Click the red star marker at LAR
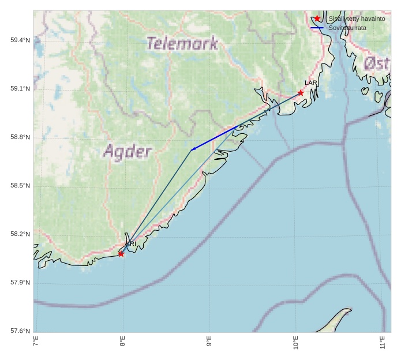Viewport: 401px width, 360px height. click(301, 93)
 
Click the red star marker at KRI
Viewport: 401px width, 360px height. click(121, 254)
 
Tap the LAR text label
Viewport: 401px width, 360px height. click(311, 83)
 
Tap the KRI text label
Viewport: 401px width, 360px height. click(131, 244)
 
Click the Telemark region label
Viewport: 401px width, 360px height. click(182, 43)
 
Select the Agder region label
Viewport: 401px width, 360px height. click(128, 152)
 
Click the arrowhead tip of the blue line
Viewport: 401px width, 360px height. click(191, 150)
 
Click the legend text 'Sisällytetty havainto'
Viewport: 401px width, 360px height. click(357, 18)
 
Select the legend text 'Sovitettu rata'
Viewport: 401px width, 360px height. click(347, 28)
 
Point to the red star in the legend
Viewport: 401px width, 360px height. click(317, 18)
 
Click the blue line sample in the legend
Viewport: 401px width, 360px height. click(317, 28)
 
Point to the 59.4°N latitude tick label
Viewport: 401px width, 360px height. click(20, 40)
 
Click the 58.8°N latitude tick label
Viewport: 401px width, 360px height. click(20, 137)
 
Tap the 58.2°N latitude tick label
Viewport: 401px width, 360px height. click(20, 234)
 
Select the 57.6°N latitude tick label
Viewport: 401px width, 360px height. click(20, 331)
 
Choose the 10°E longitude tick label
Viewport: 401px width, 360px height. click(295, 342)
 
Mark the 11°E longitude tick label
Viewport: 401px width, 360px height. click(382, 342)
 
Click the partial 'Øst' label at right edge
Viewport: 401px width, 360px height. click(377, 63)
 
